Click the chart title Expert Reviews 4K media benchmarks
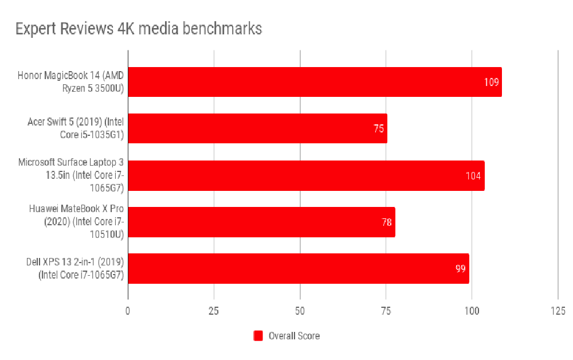pos(139,29)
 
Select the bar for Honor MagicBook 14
pos(315,82)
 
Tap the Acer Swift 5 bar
pos(257,128)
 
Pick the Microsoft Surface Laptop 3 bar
pos(306,175)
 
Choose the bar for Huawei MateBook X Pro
pos(261,222)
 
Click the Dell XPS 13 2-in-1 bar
pos(299,268)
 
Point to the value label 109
pos(491,82)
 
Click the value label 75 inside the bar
pos(379,128)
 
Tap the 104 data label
pos(473,175)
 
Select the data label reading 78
pos(387,222)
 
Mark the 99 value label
pos(460,268)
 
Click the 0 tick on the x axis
pos(128,311)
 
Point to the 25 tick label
pos(214,311)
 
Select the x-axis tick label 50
pos(300,311)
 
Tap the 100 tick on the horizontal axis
pos(472,311)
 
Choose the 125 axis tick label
pos(558,311)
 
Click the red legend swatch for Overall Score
pos(258,336)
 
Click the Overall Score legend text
pos(294,336)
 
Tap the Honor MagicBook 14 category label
pos(70,82)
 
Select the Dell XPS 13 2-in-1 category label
pos(76,268)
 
